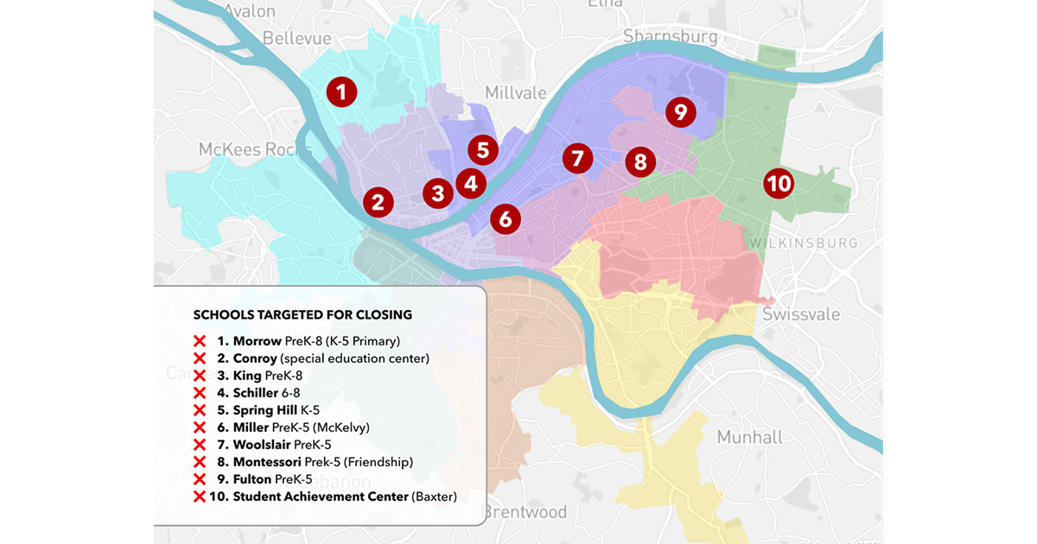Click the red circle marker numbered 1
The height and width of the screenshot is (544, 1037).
(x=341, y=92)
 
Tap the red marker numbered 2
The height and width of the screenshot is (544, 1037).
(x=378, y=202)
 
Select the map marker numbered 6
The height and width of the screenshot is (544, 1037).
(x=506, y=218)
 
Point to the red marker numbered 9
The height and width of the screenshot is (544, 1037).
(x=681, y=111)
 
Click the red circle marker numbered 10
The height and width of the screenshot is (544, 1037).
(x=779, y=183)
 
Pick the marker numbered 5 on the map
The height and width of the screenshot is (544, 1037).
(x=483, y=149)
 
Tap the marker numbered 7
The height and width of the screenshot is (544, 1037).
(x=577, y=159)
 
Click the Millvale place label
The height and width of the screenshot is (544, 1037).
(x=516, y=92)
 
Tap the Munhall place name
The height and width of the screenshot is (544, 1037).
(x=749, y=437)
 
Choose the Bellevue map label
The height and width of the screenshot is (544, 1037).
(x=296, y=38)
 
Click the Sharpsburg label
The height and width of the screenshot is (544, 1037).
(x=671, y=36)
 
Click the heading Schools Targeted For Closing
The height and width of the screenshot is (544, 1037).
(x=302, y=314)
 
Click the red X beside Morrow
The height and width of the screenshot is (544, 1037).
(x=200, y=341)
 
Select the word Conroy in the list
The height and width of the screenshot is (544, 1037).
(x=255, y=358)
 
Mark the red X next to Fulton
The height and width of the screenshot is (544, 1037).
(x=200, y=479)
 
